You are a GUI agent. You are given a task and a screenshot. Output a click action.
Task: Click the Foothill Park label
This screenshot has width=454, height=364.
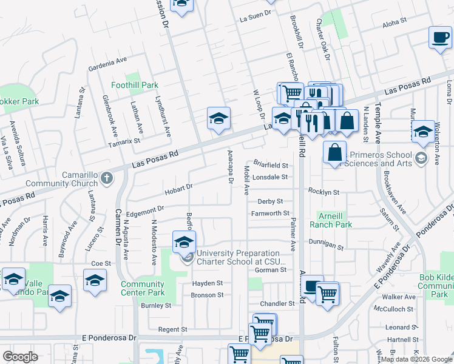point(134,86)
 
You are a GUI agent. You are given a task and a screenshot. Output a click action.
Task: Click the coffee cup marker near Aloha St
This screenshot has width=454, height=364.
point(439,37)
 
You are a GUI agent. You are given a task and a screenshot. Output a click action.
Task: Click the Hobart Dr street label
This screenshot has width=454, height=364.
point(178,190)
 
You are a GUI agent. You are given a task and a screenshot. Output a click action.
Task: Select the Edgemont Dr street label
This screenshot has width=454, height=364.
point(146,211)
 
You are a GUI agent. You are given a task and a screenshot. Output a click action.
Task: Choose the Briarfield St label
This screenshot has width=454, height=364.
point(270,164)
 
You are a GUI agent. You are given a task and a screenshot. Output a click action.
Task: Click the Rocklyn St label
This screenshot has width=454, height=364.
point(323,192)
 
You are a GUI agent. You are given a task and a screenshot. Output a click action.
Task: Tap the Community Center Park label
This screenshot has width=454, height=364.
point(143,288)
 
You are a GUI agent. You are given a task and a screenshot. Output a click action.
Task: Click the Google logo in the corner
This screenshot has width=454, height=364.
point(20,357)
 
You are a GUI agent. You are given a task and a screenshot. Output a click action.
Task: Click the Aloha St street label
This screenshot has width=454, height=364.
point(395,25)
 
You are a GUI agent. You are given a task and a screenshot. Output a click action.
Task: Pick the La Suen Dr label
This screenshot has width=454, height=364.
point(254,19)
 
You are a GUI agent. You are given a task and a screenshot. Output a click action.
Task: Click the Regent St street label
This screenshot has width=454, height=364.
point(172,329)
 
